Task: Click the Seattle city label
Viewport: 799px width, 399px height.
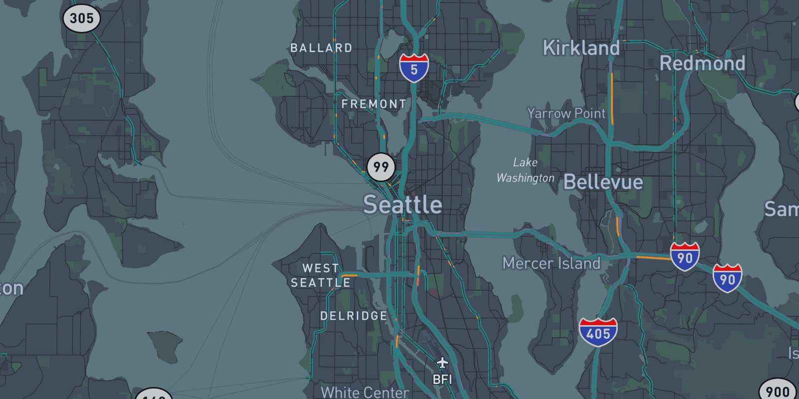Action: point(402,204)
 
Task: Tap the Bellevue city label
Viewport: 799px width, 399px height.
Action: point(603,182)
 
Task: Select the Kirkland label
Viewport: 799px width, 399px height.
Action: point(581,48)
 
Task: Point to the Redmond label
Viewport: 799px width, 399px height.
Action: point(702,63)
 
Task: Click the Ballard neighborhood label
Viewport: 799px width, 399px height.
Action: point(321,48)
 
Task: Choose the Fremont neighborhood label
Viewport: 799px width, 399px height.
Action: point(374,104)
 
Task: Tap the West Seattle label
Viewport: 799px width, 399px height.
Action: point(321,275)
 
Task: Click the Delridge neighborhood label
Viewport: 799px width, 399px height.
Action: point(354,316)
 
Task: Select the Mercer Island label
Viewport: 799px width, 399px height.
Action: point(551,263)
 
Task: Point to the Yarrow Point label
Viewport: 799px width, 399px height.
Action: point(566,113)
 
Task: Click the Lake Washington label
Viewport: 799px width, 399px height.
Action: point(525,170)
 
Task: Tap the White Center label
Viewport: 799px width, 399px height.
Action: point(365,392)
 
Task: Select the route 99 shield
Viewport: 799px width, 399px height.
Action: point(381,167)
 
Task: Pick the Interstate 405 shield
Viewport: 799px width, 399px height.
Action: point(598,332)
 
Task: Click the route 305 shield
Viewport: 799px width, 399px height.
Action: point(81,18)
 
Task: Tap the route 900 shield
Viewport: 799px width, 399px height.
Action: point(778,391)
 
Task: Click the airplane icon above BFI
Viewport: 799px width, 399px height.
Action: point(442,362)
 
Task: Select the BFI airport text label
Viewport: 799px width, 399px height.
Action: point(442,380)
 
